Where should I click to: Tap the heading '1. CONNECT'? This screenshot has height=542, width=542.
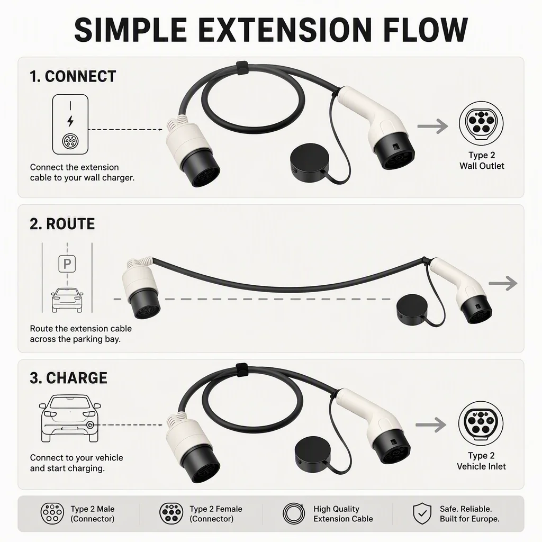[x=73, y=76]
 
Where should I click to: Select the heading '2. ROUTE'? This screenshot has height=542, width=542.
[x=62, y=224]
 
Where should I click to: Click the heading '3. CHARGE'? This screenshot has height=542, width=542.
[x=68, y=378]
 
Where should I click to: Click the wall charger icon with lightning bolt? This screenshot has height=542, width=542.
[x=70, y=124]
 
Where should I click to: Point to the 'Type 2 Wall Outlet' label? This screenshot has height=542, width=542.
[x=482, y=161]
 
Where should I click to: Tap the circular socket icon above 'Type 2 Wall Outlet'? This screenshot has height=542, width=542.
[x=481, y=123]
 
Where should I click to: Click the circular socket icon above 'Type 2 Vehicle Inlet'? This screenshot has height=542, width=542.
[x=481, y=424]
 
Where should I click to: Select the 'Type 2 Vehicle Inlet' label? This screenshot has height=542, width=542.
[x=481, y=461]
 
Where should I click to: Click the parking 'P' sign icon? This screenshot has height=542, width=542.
[x=67, y=264]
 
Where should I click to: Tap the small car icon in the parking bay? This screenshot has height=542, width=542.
[x=67, y=300]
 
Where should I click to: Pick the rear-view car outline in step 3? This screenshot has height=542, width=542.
[x=70, y=419]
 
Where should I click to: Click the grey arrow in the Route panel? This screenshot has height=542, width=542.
[x=503, y=283]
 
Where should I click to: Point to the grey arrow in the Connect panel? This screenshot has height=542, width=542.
[x=433, y=126]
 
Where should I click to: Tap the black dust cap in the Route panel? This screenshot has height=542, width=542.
[x=412, y=309]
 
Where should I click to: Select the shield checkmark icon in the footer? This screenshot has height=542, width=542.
[x=422, y=513]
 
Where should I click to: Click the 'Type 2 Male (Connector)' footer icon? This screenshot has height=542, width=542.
[x=52, y=513]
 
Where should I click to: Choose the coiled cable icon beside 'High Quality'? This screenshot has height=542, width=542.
[x=294, y=513]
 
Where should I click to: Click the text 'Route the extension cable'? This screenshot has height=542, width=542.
[x=81, y=328]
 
